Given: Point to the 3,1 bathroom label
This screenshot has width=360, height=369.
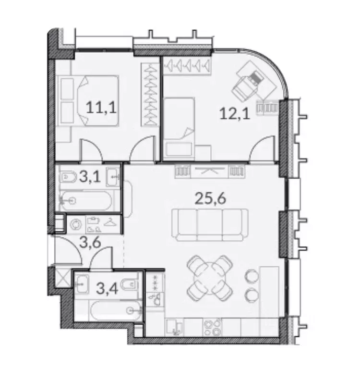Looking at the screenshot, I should pos(89,177).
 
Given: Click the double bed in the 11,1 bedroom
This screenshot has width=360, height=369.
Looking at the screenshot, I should pos(89,101).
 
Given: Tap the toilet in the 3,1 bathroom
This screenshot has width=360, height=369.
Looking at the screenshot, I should pos(69,178).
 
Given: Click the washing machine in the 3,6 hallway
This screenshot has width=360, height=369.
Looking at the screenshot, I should pos(76,224).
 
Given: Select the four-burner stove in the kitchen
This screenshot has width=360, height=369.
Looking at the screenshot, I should pos(211,328).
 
